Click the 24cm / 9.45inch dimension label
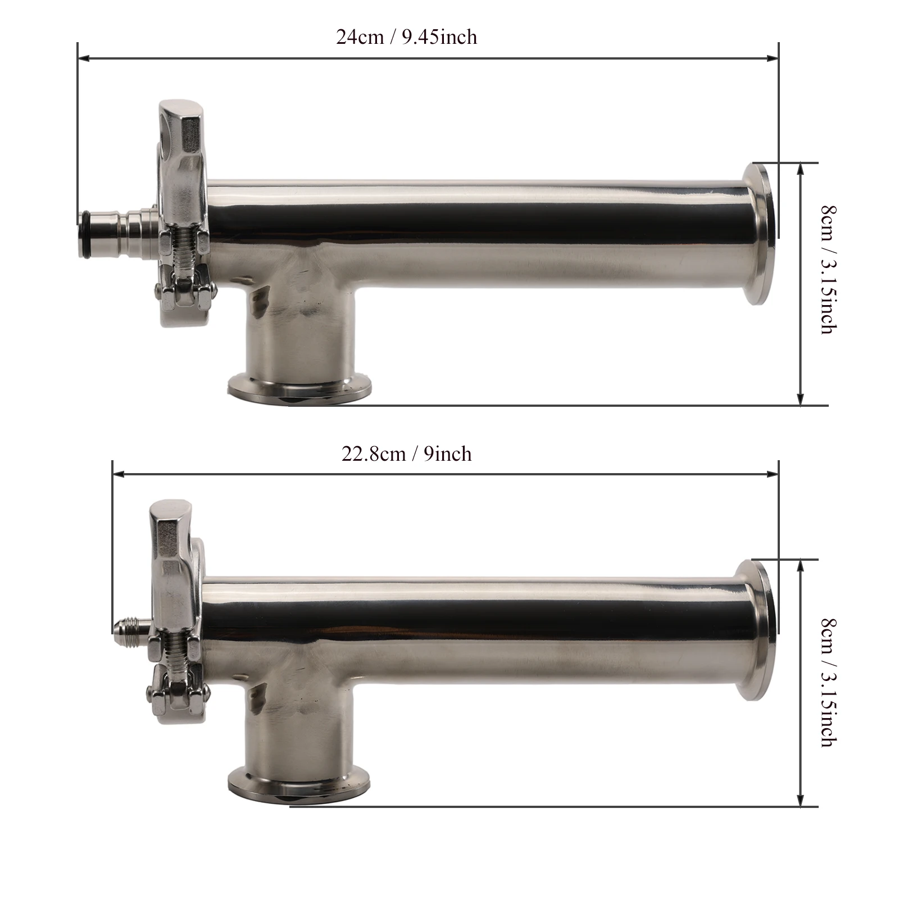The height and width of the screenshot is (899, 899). pos(407,37)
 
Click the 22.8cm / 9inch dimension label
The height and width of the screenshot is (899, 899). pos(407,453)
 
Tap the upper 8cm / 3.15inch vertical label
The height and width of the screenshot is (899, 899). pos(828,270)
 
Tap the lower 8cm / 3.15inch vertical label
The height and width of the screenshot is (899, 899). pos(828,683)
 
